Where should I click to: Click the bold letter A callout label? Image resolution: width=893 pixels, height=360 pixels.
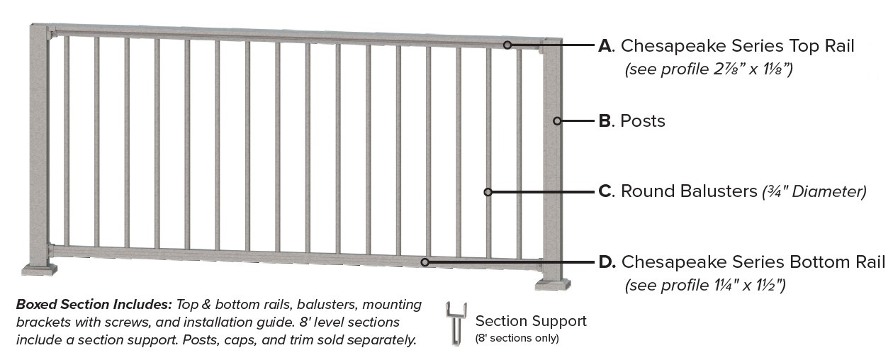(605, 47)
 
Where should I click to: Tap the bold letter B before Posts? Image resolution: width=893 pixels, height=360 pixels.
(605, 121)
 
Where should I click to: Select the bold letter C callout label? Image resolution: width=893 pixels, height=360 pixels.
(605, 192)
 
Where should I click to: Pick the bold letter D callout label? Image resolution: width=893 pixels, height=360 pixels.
(606, 262)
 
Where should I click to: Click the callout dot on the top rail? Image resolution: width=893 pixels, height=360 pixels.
(507, 45)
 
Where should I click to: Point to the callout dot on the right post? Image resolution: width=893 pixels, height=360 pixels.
(557, 121)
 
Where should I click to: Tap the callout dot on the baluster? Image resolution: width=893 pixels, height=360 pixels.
(488, 192)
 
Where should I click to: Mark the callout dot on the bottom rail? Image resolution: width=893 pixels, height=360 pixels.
(425, 262)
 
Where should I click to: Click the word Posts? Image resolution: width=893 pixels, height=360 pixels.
(643, 121)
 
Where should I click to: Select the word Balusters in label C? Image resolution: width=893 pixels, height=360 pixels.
(718, 192)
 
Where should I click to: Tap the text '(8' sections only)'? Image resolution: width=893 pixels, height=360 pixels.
(517, 338)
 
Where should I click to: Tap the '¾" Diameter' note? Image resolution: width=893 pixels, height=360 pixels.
(814, 192)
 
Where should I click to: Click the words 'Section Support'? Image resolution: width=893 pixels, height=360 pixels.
(531, 321)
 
